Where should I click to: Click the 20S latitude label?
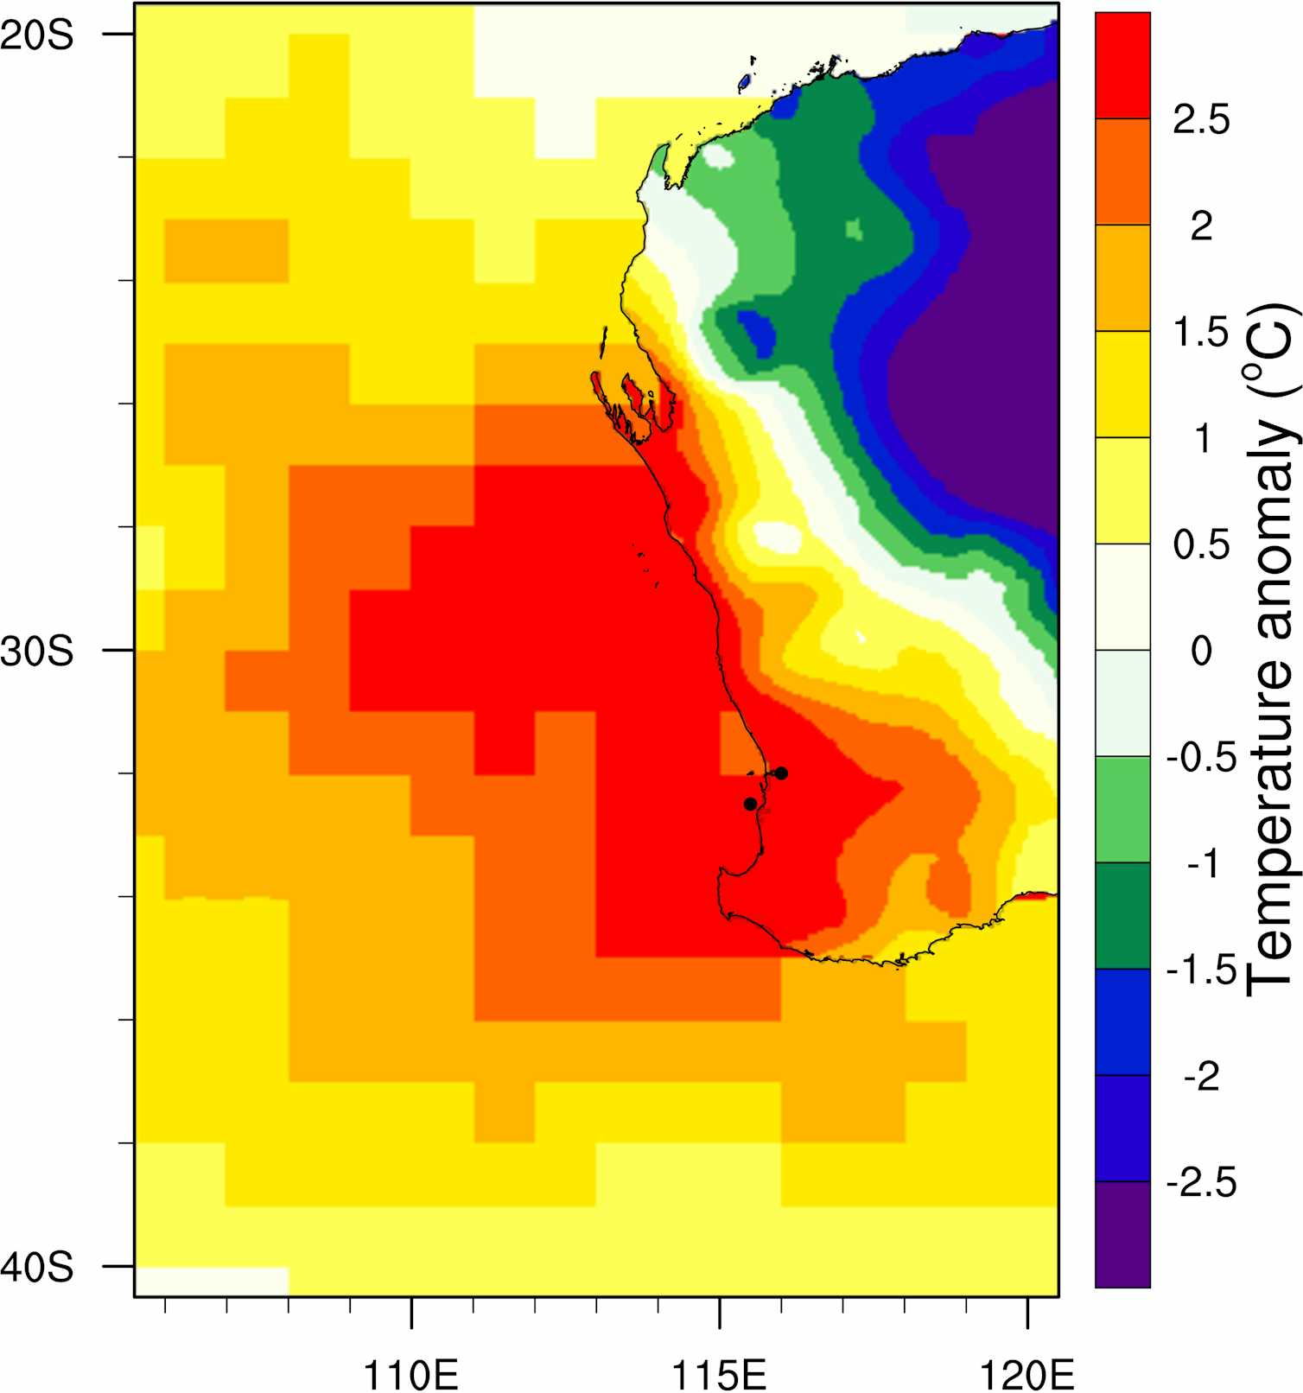coord(36,35)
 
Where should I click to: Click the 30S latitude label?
coord(36,651)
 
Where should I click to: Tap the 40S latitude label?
coord(36,1267)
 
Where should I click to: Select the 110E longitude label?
coord(411,1371)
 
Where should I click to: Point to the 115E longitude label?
coord(719,1371)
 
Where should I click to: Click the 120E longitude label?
coord(1027,1371)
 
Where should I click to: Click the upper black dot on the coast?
coord(781,773)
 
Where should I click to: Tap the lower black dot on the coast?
coord(750,804)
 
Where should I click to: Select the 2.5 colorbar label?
coord(1201,119)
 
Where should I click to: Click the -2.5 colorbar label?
coord(1201,1182)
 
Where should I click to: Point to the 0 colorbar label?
coord(1201,651)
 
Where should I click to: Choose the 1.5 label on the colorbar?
coord(1201,332)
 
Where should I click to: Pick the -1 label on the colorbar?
coord(1201,863)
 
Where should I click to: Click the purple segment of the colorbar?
coord(1122,1234)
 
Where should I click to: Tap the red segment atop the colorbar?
coord(1122,65)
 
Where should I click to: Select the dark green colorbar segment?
coord(1122,916)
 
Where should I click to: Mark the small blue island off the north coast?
coord(744,83)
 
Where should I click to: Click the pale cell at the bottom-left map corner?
coord(212,1281)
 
